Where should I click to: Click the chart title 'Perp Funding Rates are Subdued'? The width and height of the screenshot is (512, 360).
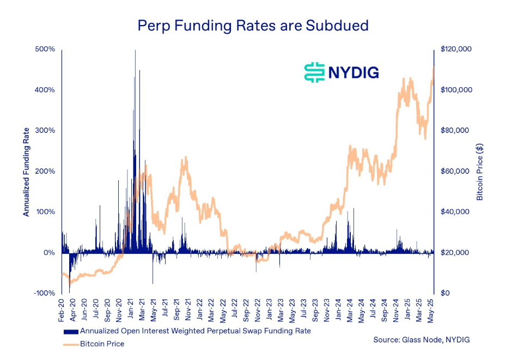(253, 25)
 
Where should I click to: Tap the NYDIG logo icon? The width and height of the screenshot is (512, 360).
(314, 72)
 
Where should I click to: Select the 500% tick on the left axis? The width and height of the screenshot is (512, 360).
(46, 49)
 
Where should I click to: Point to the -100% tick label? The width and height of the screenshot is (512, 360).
(45, 294)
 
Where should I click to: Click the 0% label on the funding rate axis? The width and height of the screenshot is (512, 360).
(49, 253)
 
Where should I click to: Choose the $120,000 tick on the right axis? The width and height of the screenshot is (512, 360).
(456, 49)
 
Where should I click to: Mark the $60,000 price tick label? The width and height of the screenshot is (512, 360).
(454, 171)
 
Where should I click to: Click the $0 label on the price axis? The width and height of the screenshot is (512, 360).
(445, 294)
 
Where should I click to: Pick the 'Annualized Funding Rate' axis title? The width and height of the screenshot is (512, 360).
(26, 171)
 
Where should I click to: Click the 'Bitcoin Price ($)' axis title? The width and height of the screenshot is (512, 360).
(480, 171)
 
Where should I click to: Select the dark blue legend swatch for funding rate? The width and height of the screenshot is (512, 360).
(71, 331)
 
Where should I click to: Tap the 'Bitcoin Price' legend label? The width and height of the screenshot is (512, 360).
(102, 344)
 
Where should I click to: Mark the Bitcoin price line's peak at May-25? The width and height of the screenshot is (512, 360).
(433, 68)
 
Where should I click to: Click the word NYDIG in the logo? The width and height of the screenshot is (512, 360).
(353, 72)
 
